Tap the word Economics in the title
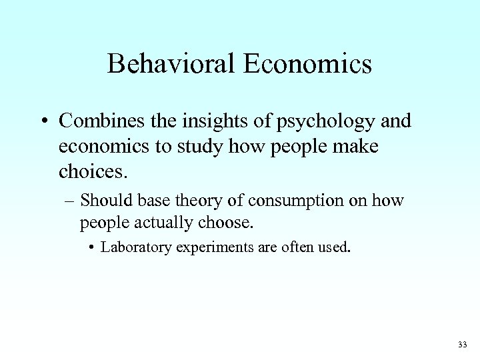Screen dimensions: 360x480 (308, 64)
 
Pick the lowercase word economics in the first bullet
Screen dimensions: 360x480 (104, 147)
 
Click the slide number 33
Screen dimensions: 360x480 (463, 345)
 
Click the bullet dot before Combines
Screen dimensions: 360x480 (43, 122)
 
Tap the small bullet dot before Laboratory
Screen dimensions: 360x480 (91, 248)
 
